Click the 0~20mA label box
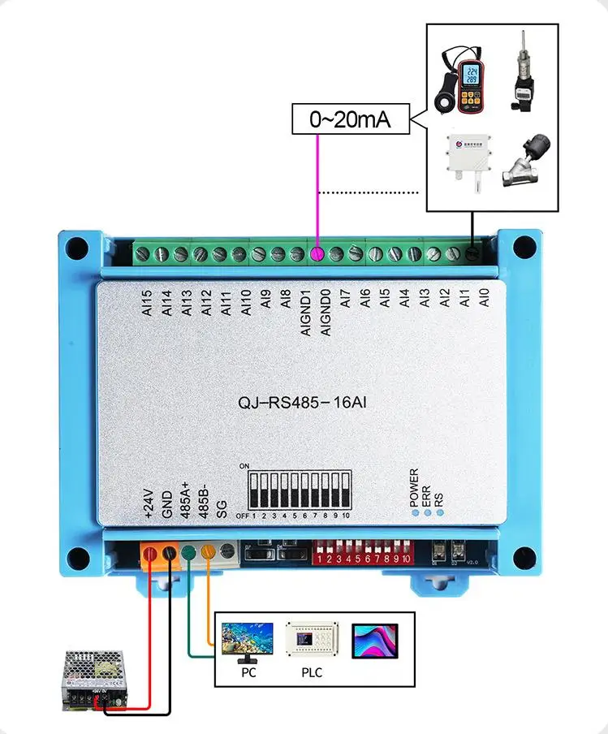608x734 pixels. tap(350, 120)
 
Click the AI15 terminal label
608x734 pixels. tap(146, 303)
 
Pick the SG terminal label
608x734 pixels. tap(221, 509)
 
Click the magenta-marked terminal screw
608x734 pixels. tap(318, 254)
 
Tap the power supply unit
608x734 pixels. tap(95, 678)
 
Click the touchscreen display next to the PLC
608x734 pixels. tap(376, 640)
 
